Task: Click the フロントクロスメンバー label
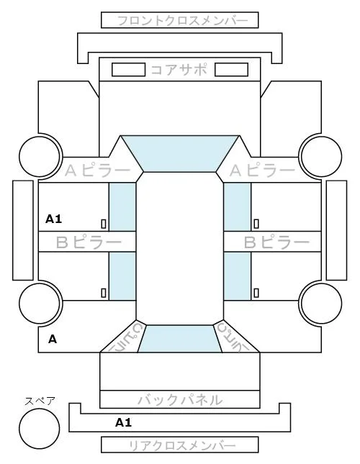(x=182, y=21)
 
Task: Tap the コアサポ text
(x=179, y=70)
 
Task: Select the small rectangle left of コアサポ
(x=128, y=70)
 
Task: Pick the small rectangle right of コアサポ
(x=231, y=70)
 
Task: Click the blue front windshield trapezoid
(x=180, y=153)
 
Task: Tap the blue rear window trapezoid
(x=180, y=339)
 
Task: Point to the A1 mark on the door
(x=53, y=219)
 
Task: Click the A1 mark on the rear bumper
(x=123, y=422)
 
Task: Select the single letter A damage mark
(x=53, y=339)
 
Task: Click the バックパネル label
(x=180, y=400)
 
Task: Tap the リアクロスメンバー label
(x=182, y=445)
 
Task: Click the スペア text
(x=40, y=401)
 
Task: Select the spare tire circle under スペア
(x=40, y=429)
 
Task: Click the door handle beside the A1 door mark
(x=104, y=224)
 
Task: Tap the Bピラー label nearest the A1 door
(x=89, y=242)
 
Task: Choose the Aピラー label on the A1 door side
(x=97, y=170)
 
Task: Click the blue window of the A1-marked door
(x=122, y=207)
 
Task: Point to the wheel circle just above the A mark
(x=40, y=304)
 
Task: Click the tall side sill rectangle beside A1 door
(x=23, y=230)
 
